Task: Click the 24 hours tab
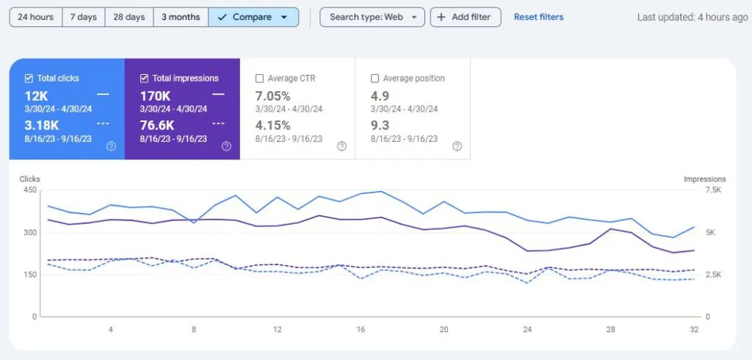click(x=35, y=18)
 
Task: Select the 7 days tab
click(x=84, y=18)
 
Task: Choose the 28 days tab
click(x=129, y=18)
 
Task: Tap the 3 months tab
click(x=181, y=18)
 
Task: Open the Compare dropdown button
click(x=253, y=18)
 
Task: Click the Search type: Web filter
click(x=372, y=18)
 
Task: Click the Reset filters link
click(x=538, y=18)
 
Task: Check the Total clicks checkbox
click(x=29, y=78)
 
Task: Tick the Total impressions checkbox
click(x=144, y=78)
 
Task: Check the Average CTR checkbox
click(x=259, y=78)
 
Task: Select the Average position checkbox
click(x=375, y=78)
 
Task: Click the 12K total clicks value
click(x=37, y=96)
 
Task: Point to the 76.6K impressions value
click(x=157, y=126)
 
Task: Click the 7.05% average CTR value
click(x=273, y=96)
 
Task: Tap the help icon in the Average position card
click(x=457, y=146)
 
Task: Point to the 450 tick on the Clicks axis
click(x=29, y=190)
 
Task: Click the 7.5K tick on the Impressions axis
click(x=714, y=190)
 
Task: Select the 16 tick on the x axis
click(x=361, y=330)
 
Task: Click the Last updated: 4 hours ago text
click(x=693, y=18)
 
